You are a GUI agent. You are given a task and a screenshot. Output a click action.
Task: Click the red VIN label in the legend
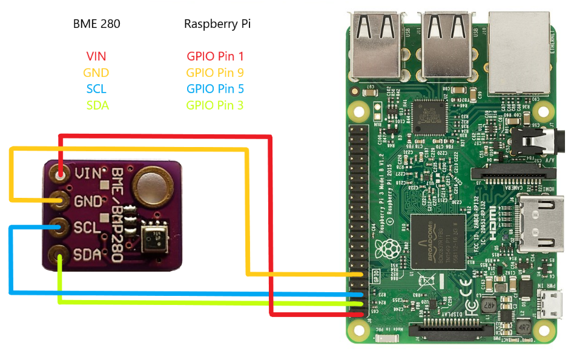click(96, 56)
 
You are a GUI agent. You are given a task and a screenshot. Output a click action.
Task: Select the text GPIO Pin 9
click(215, 73)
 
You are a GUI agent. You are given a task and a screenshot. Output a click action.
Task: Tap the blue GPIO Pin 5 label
click(215, 89)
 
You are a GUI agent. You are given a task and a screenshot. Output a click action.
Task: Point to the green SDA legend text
click(97, 105)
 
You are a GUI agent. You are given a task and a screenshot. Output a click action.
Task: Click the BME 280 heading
click(96, 24)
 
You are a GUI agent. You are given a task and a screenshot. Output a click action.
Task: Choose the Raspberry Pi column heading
click(217, 24)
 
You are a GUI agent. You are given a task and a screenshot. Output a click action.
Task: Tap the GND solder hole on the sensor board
click(60, 200)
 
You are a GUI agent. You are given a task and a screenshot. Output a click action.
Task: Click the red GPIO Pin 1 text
click(215, 56)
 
